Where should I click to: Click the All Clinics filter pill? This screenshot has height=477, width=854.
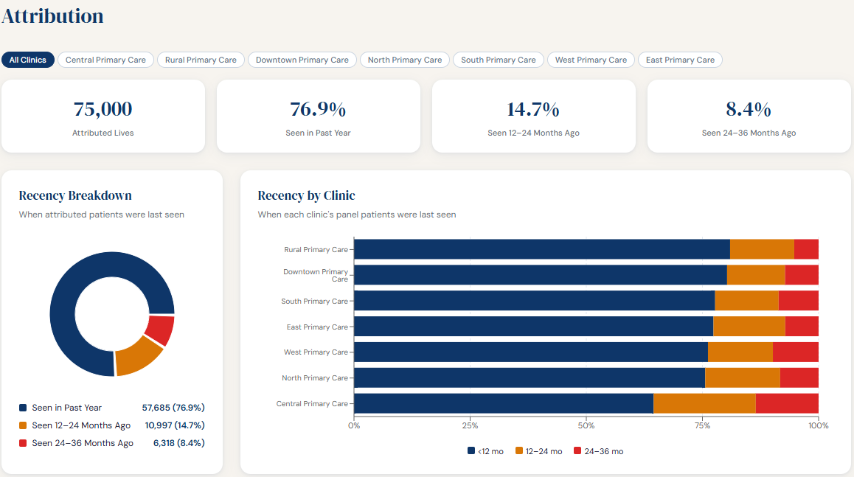click(x=28, y=60)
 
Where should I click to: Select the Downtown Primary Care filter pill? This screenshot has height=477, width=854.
click(x=302, y=60)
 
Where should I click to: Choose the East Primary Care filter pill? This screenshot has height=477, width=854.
click(x=680, y=60)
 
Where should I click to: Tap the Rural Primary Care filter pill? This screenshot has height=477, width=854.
click(x=201, y=60)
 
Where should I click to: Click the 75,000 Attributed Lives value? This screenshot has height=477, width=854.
click(x=103, y=109)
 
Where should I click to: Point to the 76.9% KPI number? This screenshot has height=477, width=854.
click(x=318, y=109)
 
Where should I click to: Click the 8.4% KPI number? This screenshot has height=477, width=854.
click(x=749, y=109)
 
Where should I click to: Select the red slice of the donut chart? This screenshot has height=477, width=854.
click(x=160, y=330)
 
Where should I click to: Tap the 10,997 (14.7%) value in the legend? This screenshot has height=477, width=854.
click(x=173, y=425)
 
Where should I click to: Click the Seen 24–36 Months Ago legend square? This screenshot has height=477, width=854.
click(x=23, y=443)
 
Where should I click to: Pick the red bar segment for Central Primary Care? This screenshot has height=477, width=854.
click(x=787, y=403)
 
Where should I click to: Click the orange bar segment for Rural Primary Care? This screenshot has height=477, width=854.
click(x=762, y=249)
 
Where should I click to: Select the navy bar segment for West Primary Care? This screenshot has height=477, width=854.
click(x=531, y=352)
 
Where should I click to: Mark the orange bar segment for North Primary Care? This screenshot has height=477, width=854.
click(x=742, y=377)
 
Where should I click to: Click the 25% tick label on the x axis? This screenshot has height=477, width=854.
click(x=470, y=425)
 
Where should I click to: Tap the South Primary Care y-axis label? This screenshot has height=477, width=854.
click(x=314, y=301)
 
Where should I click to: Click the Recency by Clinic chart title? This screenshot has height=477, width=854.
click(x=306, y=195)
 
